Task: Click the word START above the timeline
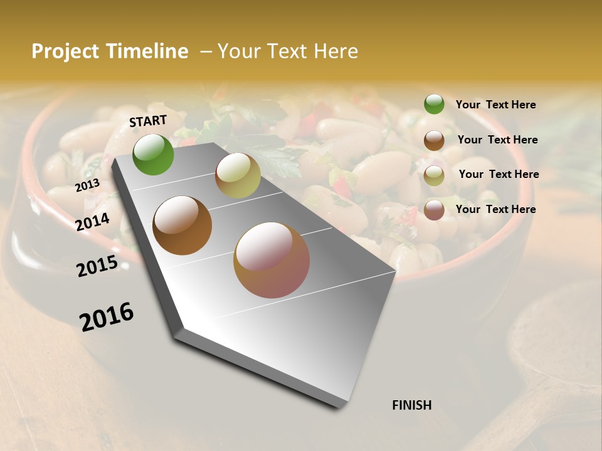(148, 121)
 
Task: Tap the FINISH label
(411, 405)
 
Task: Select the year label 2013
(87, 185)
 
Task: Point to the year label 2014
(92, 222)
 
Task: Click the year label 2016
(107, 317)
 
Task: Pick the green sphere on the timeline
(153, 155)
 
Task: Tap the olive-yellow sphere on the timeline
(238, 175)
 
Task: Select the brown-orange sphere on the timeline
(182, 225)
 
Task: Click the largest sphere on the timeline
(272, 260)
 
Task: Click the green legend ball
(434, 104)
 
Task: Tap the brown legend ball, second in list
(434, 140)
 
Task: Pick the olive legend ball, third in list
(434, 175)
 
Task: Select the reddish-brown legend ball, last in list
(434, 210)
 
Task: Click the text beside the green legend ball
(495, 105)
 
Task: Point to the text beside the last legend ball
(495, 209)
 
